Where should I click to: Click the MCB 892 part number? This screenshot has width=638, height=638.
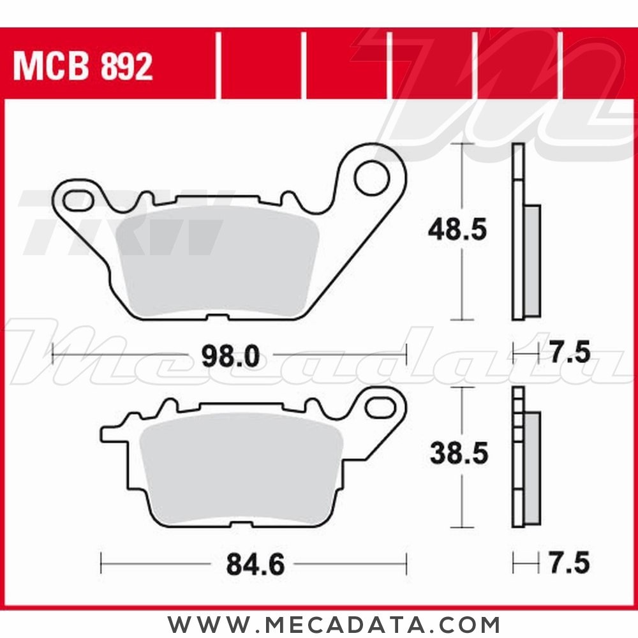click(83, 66)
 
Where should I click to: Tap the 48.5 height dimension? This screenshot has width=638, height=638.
click(457, 230)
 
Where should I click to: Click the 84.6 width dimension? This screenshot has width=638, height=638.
click(255, 564)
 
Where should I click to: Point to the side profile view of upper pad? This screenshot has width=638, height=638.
click(524, 233)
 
